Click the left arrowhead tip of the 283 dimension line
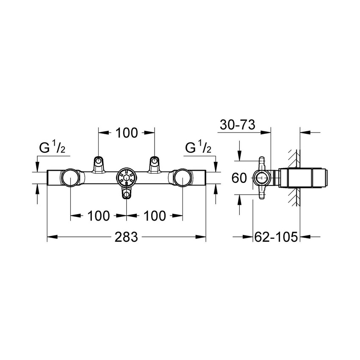(x=47, y=237)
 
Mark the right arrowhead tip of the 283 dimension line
(x=206, y=237)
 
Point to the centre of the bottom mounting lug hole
(x=127, y=195)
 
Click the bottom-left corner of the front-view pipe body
(x=47, y=185)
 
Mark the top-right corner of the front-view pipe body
(x=205, y=170)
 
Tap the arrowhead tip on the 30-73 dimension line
(x=271, y=132)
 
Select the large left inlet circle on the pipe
(x=70, y=178)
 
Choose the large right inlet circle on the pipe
(x=183, y=178)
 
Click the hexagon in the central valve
(x=127, y=178)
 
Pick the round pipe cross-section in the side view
(x=262, y=178)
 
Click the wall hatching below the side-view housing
(x=294, y=197)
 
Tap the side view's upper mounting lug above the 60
(x=262, y=163)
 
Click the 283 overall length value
(x=127, y=237)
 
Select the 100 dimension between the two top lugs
(x=127, y=133)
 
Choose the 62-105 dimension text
(x=276, y=237)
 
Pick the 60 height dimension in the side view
(x=239, y=178)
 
